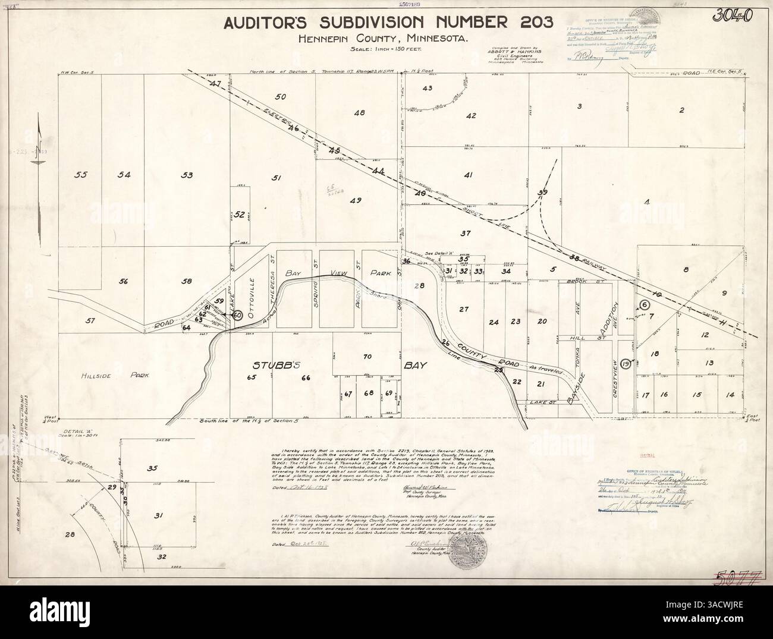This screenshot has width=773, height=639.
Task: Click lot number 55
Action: (x=81, y=174)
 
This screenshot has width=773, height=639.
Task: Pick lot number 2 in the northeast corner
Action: (x=682, y=110)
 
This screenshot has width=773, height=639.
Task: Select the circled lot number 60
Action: (x=237, y=315)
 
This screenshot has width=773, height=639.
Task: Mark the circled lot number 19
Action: (x=624, y=363)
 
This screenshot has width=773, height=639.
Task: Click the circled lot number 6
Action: (x=643, y=304)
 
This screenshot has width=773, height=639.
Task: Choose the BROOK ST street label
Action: (x=581, y=281)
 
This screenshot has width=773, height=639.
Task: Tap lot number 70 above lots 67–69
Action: (x=367, y=357)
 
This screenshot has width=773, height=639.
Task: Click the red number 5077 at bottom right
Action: (x=737, y=577)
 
